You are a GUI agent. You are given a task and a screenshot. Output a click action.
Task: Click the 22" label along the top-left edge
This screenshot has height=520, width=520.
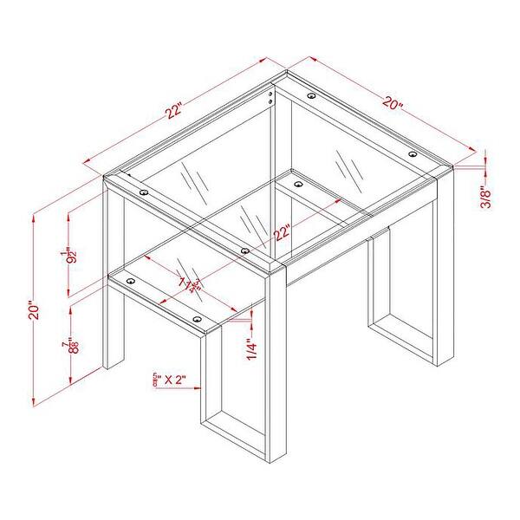click(x=176, y=111)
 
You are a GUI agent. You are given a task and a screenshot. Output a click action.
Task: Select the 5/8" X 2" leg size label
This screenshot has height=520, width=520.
click(x=169, y=379)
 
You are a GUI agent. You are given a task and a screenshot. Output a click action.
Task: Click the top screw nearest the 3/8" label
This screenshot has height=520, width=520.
click(x=413, y=153)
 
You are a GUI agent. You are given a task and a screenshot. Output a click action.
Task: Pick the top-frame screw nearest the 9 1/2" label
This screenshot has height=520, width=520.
click(x=143, y=192)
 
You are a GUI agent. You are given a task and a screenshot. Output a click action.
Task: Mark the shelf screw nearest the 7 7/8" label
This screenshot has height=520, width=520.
click(x=131, y=281)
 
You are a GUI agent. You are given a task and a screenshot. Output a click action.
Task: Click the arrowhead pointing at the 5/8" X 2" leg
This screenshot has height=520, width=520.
click(x=198, y=379)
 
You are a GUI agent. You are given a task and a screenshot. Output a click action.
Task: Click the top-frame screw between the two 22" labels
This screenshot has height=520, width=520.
click(x=245, y=250)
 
